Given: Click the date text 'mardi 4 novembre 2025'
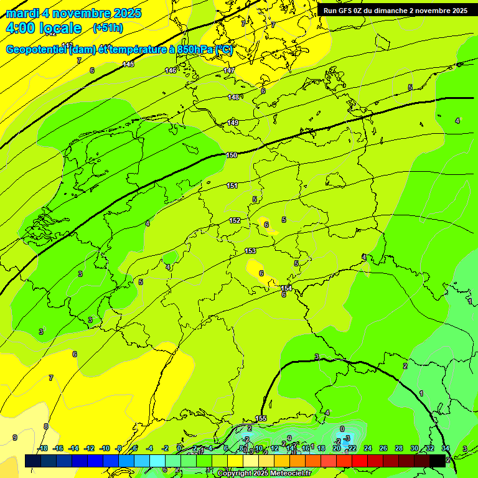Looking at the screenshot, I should point(73,13).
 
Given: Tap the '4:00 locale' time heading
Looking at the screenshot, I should point(43,28).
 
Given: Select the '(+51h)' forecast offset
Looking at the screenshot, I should point(108,28).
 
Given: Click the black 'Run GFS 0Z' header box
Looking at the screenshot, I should point(395,10).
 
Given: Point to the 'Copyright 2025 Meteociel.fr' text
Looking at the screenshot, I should point(265,474).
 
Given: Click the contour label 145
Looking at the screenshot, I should point(128,64).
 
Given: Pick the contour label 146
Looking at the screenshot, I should point(171,70).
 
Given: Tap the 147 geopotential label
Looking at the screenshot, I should point(229,70).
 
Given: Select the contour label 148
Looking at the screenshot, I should point(233,97).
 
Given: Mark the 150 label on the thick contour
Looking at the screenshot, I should point(232,155).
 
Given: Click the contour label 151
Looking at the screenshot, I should point(232,185).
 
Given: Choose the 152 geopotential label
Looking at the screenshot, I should point(235,220).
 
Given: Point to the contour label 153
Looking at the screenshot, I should point(250,251).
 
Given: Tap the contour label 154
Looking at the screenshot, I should point(286,288).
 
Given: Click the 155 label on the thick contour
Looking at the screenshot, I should point(261,418).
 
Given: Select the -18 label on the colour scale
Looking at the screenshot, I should point(42,448).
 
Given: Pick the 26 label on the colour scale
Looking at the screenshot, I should point(383,448).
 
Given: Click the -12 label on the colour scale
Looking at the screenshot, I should point(89,448).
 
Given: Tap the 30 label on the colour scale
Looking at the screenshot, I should point(415,448).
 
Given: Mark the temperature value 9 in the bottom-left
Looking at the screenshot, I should point(14,438).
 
